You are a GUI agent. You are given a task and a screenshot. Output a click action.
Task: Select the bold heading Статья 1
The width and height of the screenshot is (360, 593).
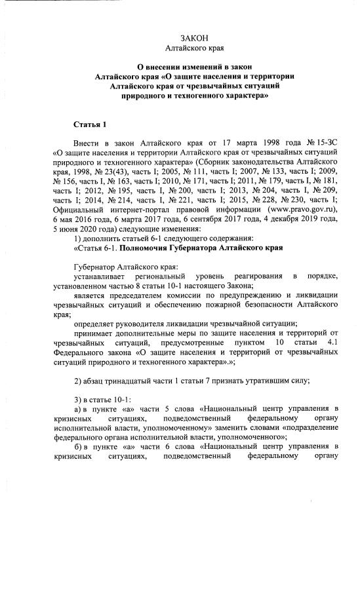click(x=89, y=124)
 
